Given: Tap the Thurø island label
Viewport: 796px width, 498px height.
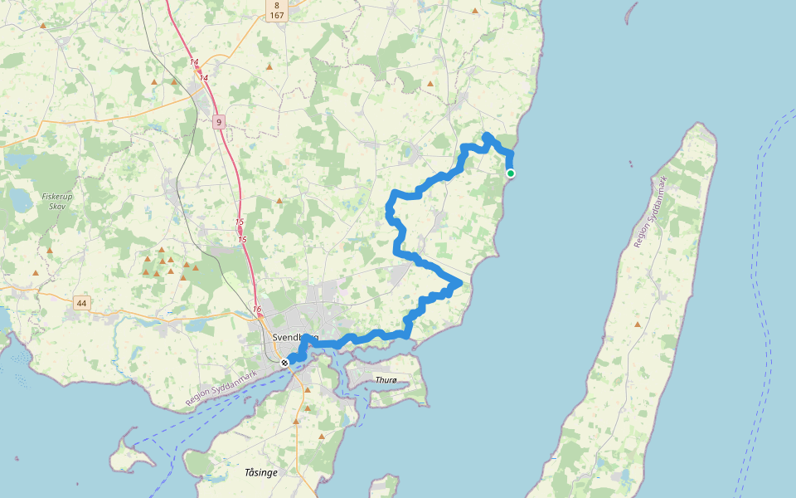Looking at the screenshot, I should click(387, 380).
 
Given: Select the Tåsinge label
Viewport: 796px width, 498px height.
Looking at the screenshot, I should click(261, 472).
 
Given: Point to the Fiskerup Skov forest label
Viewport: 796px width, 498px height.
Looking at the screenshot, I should click(57, 202).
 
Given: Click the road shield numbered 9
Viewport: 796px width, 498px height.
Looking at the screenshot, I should click(218, 122).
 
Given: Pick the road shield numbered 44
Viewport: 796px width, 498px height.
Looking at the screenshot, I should click(80, 303).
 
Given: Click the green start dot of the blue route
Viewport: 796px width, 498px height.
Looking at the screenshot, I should click(511, 173).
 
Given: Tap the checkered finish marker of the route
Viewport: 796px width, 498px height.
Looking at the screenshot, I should click(284, 363).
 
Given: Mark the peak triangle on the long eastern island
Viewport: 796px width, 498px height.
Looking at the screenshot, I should click(637, 324).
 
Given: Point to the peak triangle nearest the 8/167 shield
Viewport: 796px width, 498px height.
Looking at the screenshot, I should click(269, 66).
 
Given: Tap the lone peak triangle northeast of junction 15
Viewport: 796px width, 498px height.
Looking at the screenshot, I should click(279, 200).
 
